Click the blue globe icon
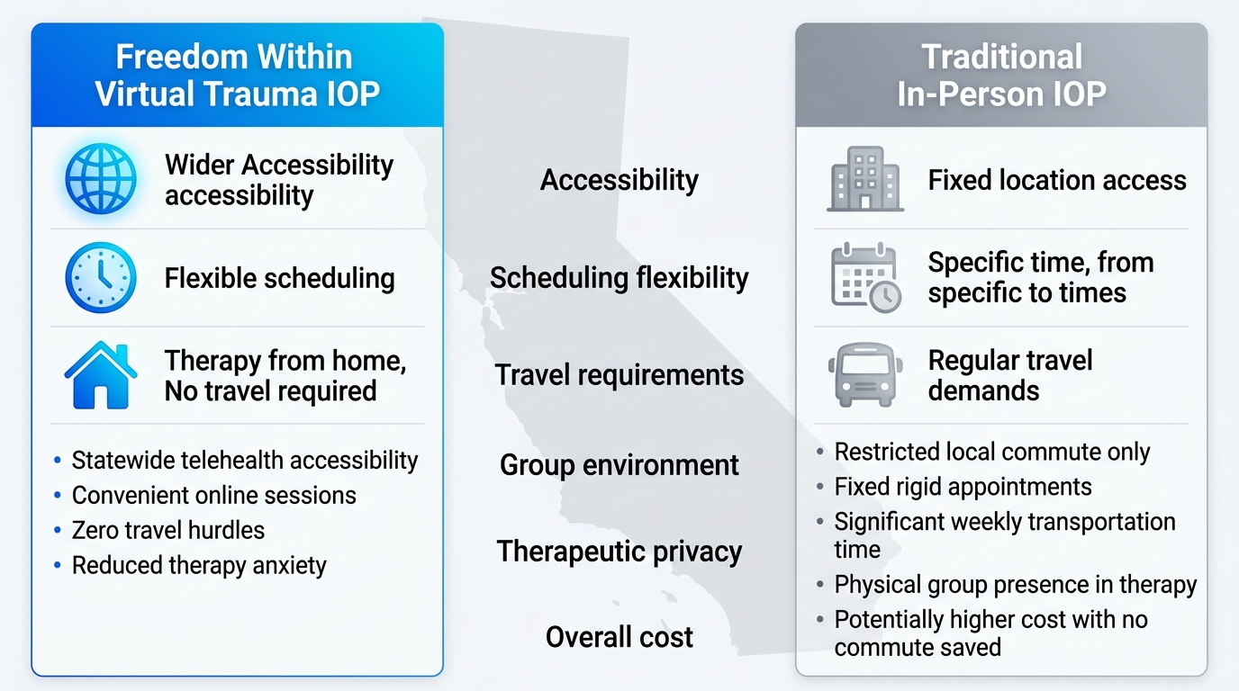(x=101, y=179)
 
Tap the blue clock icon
(x=101, y=277)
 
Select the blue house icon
(x=101, y=375)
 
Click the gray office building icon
(x=864, y=179)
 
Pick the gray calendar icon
(x=864, y=277)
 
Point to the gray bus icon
(x=864, y=375)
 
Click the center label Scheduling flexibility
(x=619, y=278)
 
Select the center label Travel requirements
(x=619, y=375)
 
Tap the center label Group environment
(x=619, y=465)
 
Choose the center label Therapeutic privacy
(x=619, y=552)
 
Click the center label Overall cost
(x=619, y=637)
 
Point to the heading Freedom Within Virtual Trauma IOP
(x=237, y=76)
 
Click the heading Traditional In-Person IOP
(x=1001, y=76)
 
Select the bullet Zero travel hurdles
(x=167, y=530)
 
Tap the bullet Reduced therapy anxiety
(x=199, y=565)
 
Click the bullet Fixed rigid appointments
(x=963, y=487)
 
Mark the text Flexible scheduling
(x=279, y=278)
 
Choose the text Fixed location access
(x=1057, y=180)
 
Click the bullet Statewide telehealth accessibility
(x=244, y=460)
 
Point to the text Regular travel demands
(x=1009, y=375)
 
